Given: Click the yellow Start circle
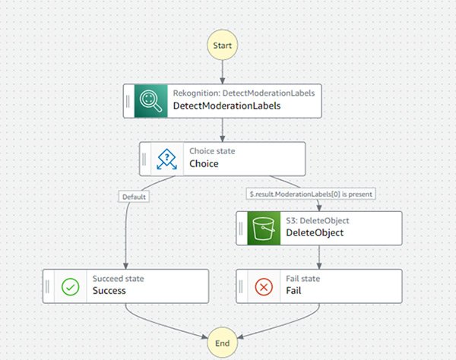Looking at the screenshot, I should [223, 45].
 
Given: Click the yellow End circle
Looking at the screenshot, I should [223, 343].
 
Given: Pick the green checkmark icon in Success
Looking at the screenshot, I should [69, 286].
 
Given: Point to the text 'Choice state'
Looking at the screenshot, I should [212, 151].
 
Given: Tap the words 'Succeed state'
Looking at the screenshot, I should [118, 279].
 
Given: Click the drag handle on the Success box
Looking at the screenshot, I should [49, 286].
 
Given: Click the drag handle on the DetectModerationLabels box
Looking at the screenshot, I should [128, 100].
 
